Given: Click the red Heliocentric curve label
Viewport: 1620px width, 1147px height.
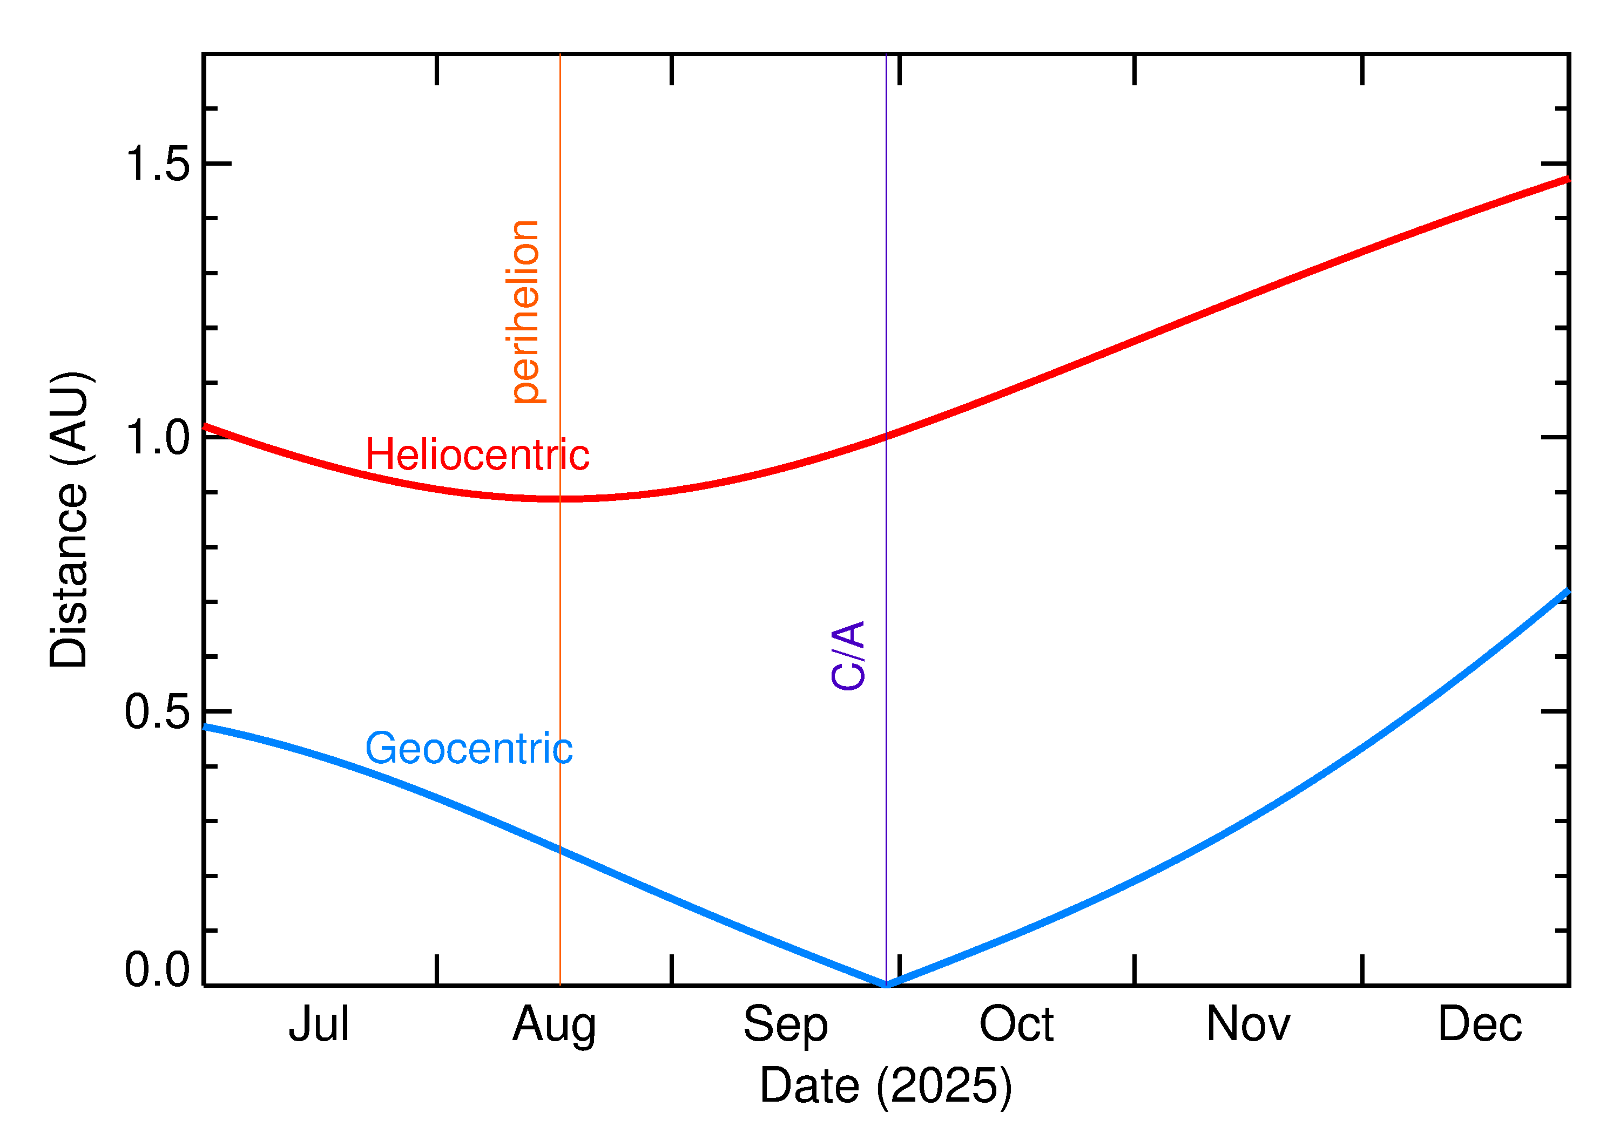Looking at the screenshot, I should click(x=477, y=455).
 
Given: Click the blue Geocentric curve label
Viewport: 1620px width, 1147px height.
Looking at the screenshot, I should click(x=468, y=749).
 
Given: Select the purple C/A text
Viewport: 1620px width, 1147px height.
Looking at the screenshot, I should click(x=848, y=655).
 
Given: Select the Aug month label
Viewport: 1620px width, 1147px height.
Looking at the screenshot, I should click(x=554, y=1026).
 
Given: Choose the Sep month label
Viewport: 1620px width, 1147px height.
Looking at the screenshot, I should click(x=785, y=1026).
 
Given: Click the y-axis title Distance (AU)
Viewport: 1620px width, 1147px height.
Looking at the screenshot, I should click(x=69, y=520).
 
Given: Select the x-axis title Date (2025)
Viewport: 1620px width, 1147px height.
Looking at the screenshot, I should click(x=885, y=1085).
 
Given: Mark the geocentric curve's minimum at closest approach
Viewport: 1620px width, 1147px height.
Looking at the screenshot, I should click(x=886, y=984).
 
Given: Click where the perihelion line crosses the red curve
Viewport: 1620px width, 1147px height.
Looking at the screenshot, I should click(x=561, y=499).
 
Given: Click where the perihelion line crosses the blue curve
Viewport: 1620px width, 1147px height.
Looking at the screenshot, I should click(x=561, y=850).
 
